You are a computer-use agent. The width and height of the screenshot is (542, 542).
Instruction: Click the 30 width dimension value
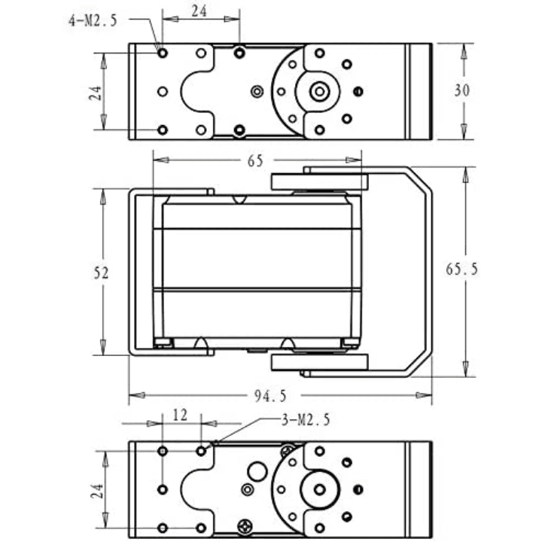[x=462, y=90]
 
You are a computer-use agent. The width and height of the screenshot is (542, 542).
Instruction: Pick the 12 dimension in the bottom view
[x=181, y=414]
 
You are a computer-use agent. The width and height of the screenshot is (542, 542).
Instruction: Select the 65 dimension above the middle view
[x=254, y=160]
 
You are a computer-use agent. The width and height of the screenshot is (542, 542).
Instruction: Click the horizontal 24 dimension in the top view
[x=199, y=12]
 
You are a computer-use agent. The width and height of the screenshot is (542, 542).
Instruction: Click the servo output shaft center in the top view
[x=320, y=91]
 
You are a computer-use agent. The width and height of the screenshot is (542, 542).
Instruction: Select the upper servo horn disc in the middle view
[x=319, y=181]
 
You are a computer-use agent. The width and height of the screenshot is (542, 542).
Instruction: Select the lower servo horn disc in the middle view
[x=319, y=363]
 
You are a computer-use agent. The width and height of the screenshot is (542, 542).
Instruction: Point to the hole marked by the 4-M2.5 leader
[x=162, y=53]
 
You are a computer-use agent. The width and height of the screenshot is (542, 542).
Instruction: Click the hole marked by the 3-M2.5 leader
[x=201, y=451]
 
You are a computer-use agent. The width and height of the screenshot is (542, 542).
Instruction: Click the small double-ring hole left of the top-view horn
[x=257, y=91]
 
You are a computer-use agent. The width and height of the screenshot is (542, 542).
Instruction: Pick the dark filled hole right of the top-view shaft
[x=358, y=92]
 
